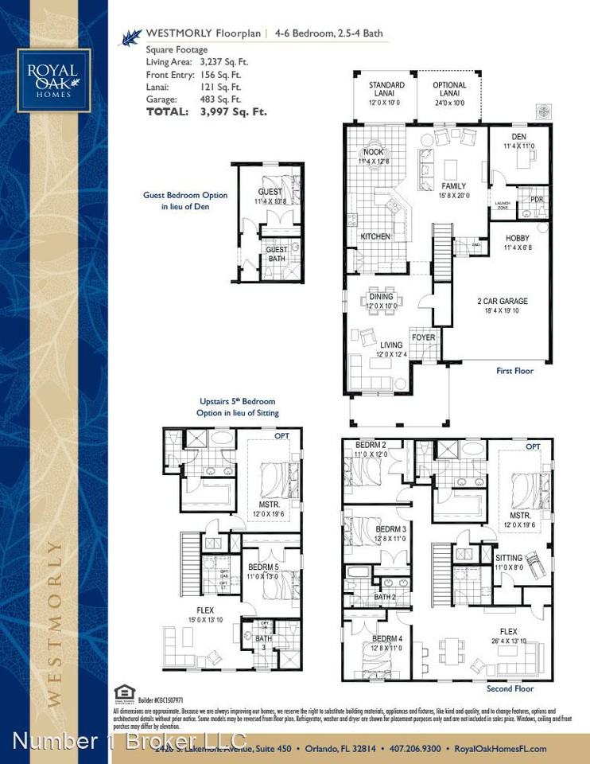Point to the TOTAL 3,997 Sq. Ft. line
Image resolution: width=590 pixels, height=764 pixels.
(x=206, y=112)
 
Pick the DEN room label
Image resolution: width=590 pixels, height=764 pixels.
(x=519, y=136)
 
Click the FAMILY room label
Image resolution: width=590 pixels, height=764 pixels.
(x=453, y=186)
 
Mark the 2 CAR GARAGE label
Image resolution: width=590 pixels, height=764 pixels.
(x=502, y=302)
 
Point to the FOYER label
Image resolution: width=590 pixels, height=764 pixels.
(x=423, y=337)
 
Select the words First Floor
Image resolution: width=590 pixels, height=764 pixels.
(x=514, y=371)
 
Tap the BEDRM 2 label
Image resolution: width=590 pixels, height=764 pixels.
(x=371, y=444)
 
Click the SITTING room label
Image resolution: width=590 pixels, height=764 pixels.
(x=508, y=559)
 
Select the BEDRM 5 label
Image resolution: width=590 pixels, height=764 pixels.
(x=262, y=567)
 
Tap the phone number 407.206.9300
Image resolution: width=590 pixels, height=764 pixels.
(x=413, y=748)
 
